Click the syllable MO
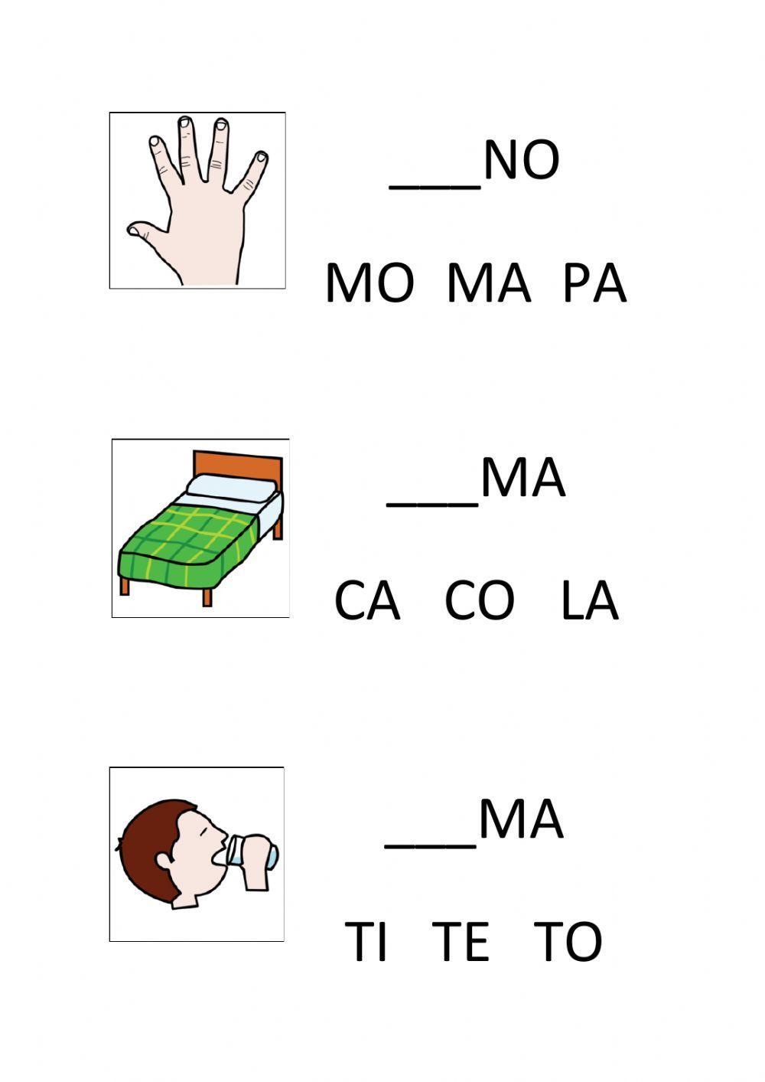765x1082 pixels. pyautogui.click(x=369, y=284)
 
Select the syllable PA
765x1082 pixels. pyautogui.click(x=594, y=284)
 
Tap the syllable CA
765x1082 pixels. pyautogui.click(x=367, y=601)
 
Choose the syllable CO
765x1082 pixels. pyautogui.click(x=479, y=601)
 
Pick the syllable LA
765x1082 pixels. pyautogui.click(x=589, y=601)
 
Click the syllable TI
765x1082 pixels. pyautogui.click(x=366, y=941)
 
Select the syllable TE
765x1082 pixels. pyautogui.click(x=461, y=941)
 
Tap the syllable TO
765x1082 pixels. pyautogui.click(x=568, y=941)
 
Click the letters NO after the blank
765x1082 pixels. pyautogui.click(x=521, y=161)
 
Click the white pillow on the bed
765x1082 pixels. pyautogui.click(x=232, y=488)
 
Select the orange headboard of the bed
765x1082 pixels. pyautogui.click(x=237, y=464)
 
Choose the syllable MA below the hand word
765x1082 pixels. pyautogui.click(x=488, y=284)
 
